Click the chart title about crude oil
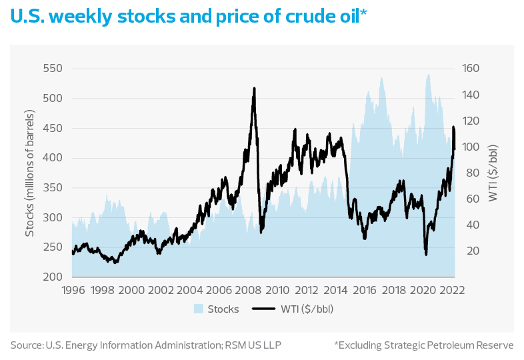pos(187,18)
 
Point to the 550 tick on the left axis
pos(52,69)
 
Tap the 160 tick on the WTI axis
pos(471,69)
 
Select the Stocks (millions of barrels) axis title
pos(29,173)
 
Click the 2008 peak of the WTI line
pos(254,89)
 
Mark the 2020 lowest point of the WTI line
pos(425,254)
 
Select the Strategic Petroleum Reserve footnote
pos(423,345)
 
